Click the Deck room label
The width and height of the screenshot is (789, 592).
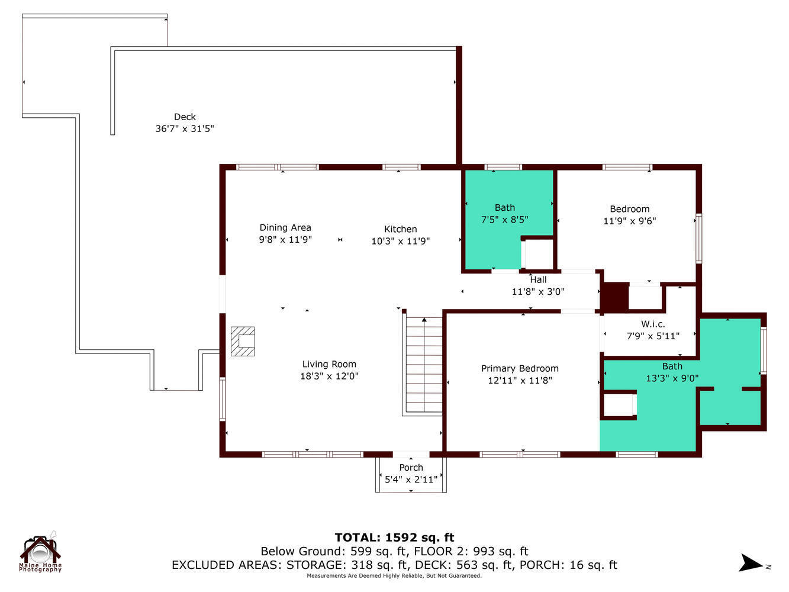point(185,117)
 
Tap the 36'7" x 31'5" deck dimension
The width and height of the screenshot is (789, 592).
point(185,128)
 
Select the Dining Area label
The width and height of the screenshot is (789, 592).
point(285,227)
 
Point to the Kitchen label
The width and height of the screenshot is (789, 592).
point(401,229)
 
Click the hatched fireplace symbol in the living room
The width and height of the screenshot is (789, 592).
point(243,341)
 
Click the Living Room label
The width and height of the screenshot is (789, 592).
point(329,364)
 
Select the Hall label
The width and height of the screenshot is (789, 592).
point(538,279)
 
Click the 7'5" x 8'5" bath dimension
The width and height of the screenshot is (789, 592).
point(504,219)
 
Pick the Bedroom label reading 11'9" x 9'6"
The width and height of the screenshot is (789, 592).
point(630,209)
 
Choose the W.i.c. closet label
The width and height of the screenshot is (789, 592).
point(653,324)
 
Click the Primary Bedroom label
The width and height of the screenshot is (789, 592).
point(520,368)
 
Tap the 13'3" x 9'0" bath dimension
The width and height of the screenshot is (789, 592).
point(672,378)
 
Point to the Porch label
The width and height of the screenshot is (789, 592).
point(411,468)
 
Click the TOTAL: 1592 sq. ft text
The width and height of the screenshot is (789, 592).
point(394,538)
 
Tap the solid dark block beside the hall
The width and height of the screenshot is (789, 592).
point(614,297)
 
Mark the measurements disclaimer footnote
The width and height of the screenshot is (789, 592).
point(394,575)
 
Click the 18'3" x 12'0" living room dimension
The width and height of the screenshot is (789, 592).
point(329,376)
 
